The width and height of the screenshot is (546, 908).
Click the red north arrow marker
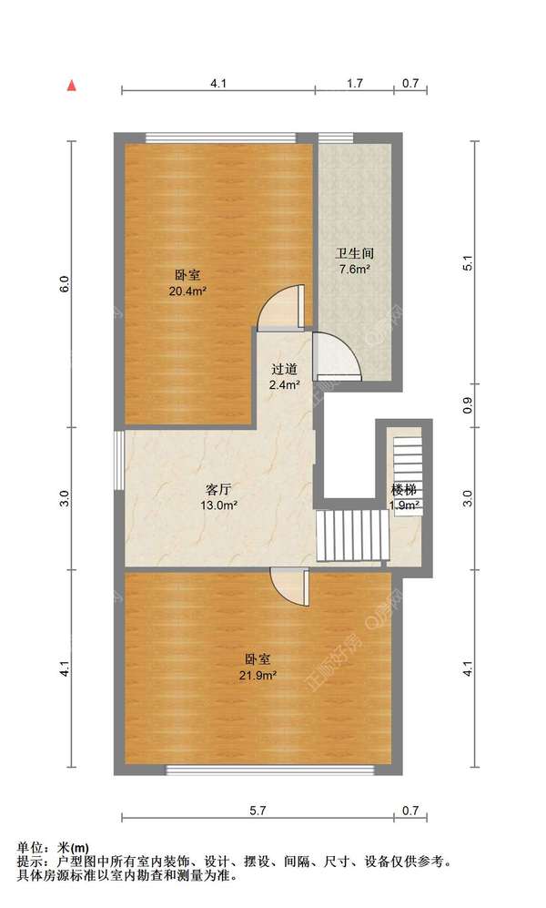point(70,87)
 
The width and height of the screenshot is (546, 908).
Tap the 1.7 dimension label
point(355,83)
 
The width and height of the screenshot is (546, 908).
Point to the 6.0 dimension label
point(64,284)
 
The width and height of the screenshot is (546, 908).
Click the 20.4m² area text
point(187,291)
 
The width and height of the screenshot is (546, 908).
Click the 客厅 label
point(219,488)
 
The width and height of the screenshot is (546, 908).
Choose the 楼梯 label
point(404,489)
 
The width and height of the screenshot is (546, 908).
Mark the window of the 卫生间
point(336,138)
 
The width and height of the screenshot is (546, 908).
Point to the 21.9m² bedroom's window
point(269,770)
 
